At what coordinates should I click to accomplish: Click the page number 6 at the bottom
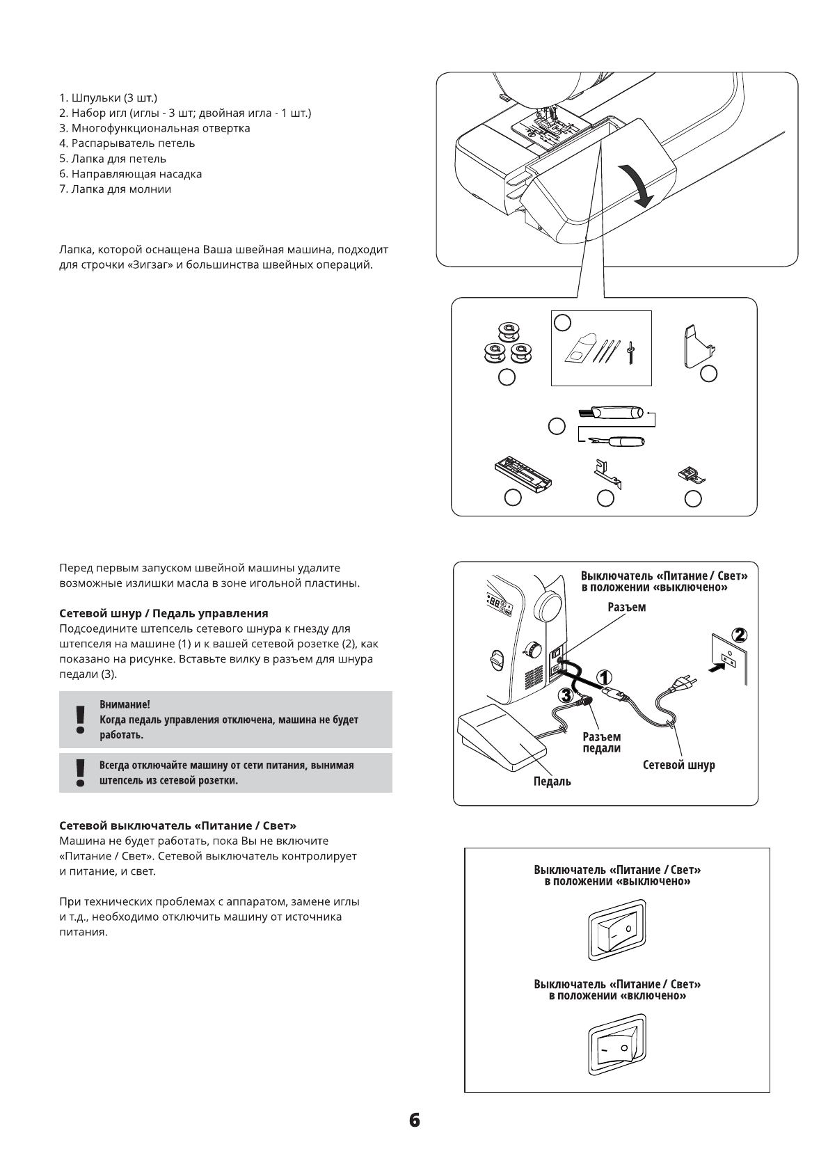point(414,1120)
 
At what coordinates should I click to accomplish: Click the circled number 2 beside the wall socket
point(740,635)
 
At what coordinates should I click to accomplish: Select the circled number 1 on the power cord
point(604,678)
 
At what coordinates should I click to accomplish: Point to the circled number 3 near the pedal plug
point(566,695)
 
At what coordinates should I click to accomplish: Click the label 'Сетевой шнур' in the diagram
point(678,765)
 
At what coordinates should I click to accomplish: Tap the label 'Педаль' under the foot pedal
point(552,781)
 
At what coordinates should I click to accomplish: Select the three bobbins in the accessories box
point(507,345)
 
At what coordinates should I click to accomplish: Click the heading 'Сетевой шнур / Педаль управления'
point(164,613)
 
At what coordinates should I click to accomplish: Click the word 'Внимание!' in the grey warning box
point(125,704)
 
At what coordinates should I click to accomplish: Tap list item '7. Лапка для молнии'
point(116,189)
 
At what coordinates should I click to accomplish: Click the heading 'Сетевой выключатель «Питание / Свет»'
point(178,825)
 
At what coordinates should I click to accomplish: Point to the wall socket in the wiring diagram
point(729,659)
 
